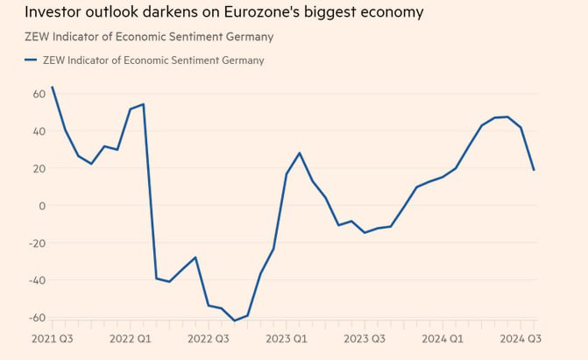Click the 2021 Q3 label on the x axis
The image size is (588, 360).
[x=52, y=338]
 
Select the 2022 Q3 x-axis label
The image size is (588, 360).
[x=208, y=338]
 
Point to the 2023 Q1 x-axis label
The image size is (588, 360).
[x=286, y=338]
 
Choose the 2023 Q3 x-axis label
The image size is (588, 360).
[x=364, y=338]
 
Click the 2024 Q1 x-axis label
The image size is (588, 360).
[x=442, y=338]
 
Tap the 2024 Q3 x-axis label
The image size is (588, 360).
[x=520, y=338]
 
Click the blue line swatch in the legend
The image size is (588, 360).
[x=32, y=60]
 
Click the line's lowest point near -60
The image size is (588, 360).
[x=234, y=321]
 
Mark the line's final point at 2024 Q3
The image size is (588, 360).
[x=534, y=170]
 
